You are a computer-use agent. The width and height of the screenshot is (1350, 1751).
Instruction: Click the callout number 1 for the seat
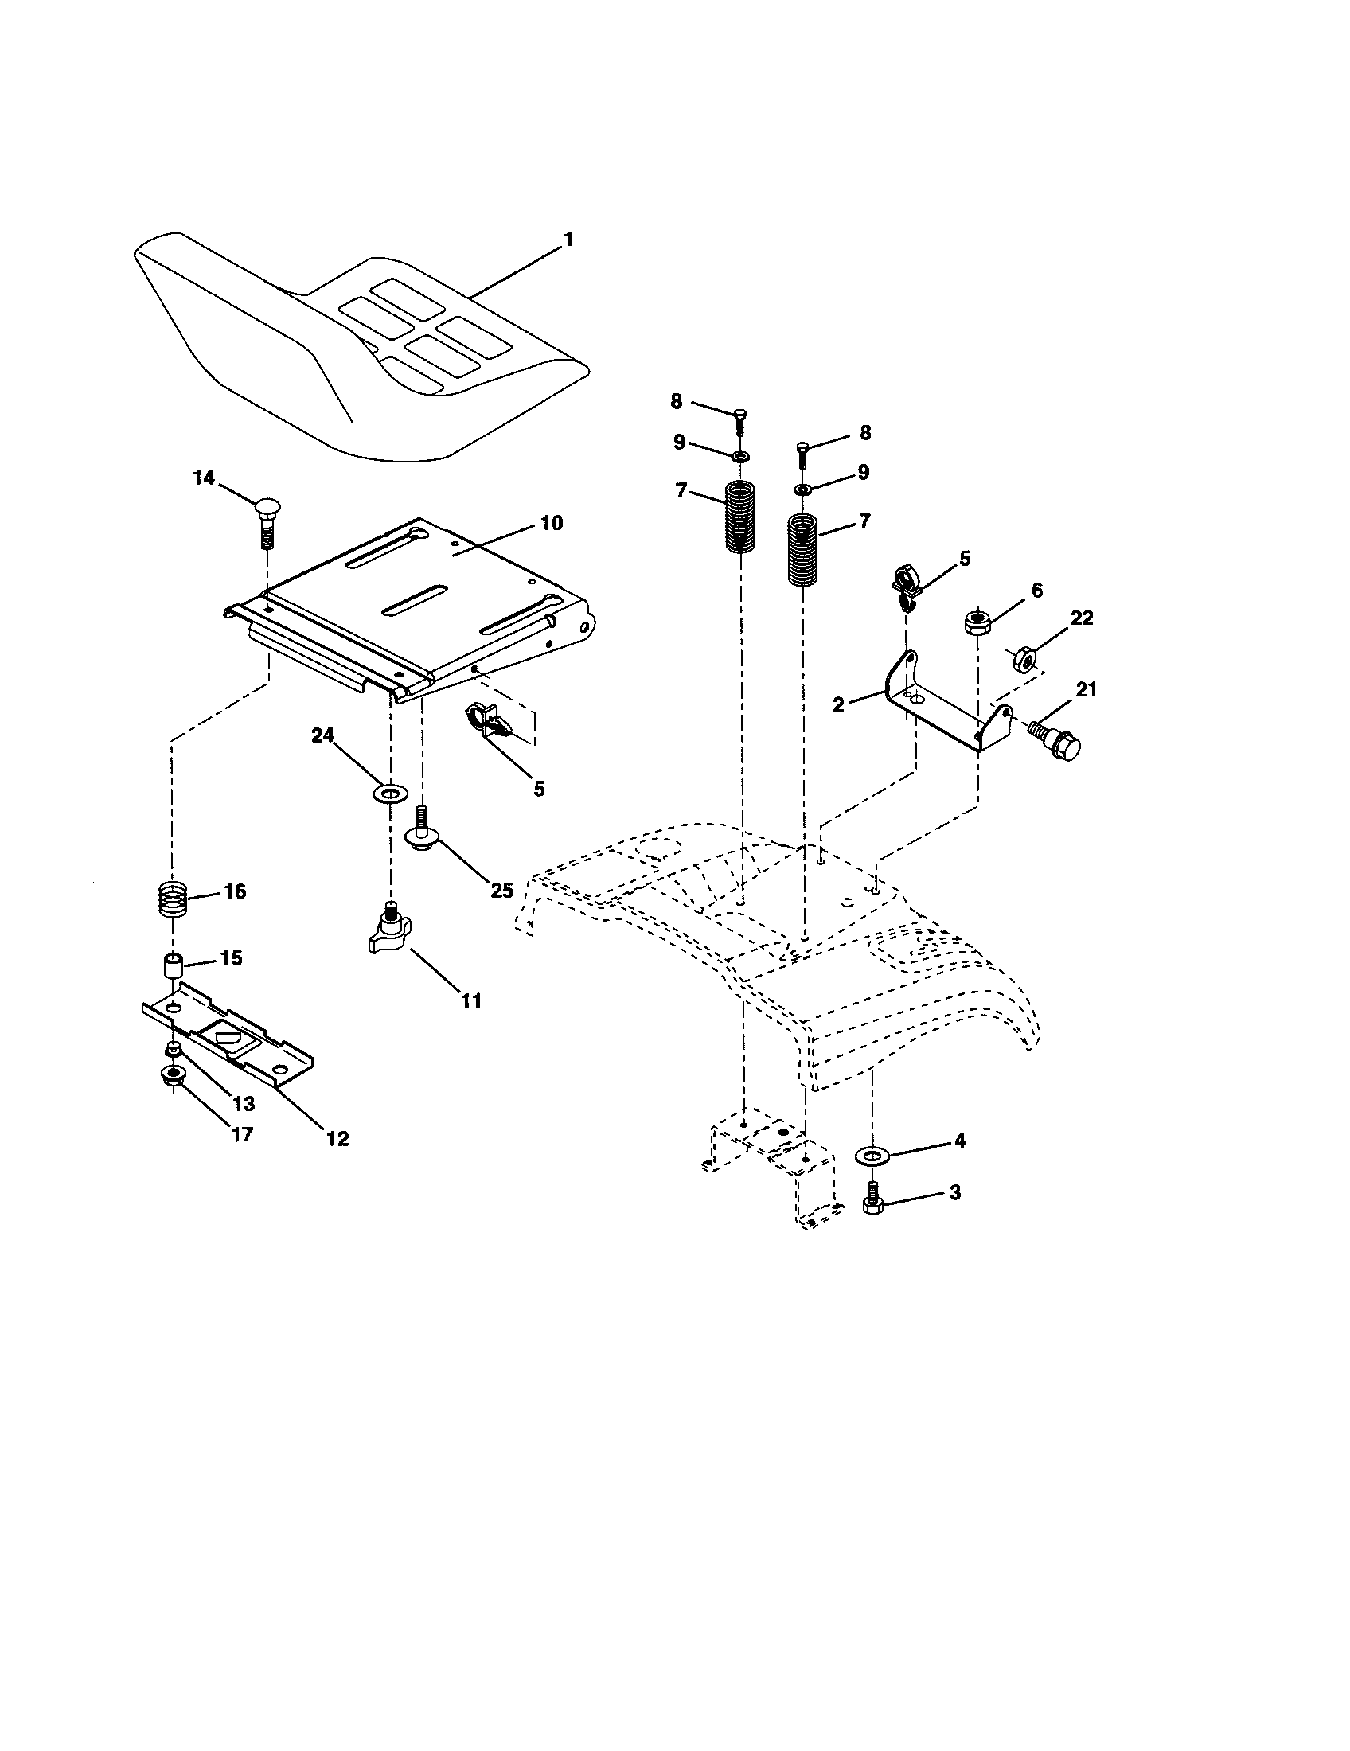[x=568, y=239]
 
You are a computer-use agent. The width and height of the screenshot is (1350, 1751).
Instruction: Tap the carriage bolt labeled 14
[x=267, y=522]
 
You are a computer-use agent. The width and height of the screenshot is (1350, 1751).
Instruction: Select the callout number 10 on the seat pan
[x=551, y=524]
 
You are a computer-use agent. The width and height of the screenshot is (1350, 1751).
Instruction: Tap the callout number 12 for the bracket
[x=337, y=1138]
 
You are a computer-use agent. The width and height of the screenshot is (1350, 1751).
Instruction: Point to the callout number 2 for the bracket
[x=838, y=704]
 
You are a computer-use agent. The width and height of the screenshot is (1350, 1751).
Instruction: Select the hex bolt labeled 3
[x=871, y=1200]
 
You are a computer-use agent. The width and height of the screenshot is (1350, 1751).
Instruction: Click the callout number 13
[x=244, y=1104]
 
